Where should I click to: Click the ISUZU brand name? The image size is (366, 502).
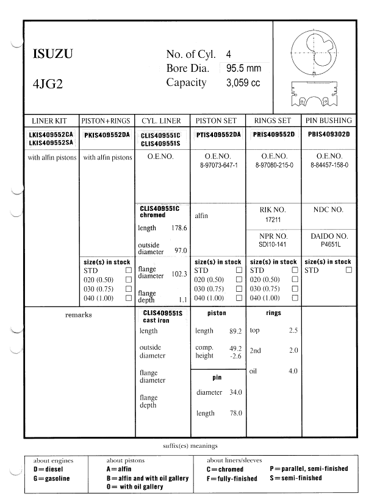[52, 54]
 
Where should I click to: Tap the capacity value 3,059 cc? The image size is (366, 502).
[243, 83]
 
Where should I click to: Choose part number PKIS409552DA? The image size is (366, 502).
[107, 135]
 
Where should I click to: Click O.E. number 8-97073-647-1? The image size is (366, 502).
[218, 165]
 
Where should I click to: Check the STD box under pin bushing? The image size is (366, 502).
[348, 270]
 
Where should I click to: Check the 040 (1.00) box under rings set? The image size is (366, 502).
[295, 298]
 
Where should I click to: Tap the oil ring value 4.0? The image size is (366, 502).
[293, 370]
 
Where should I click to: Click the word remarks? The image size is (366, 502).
[78, 315]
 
